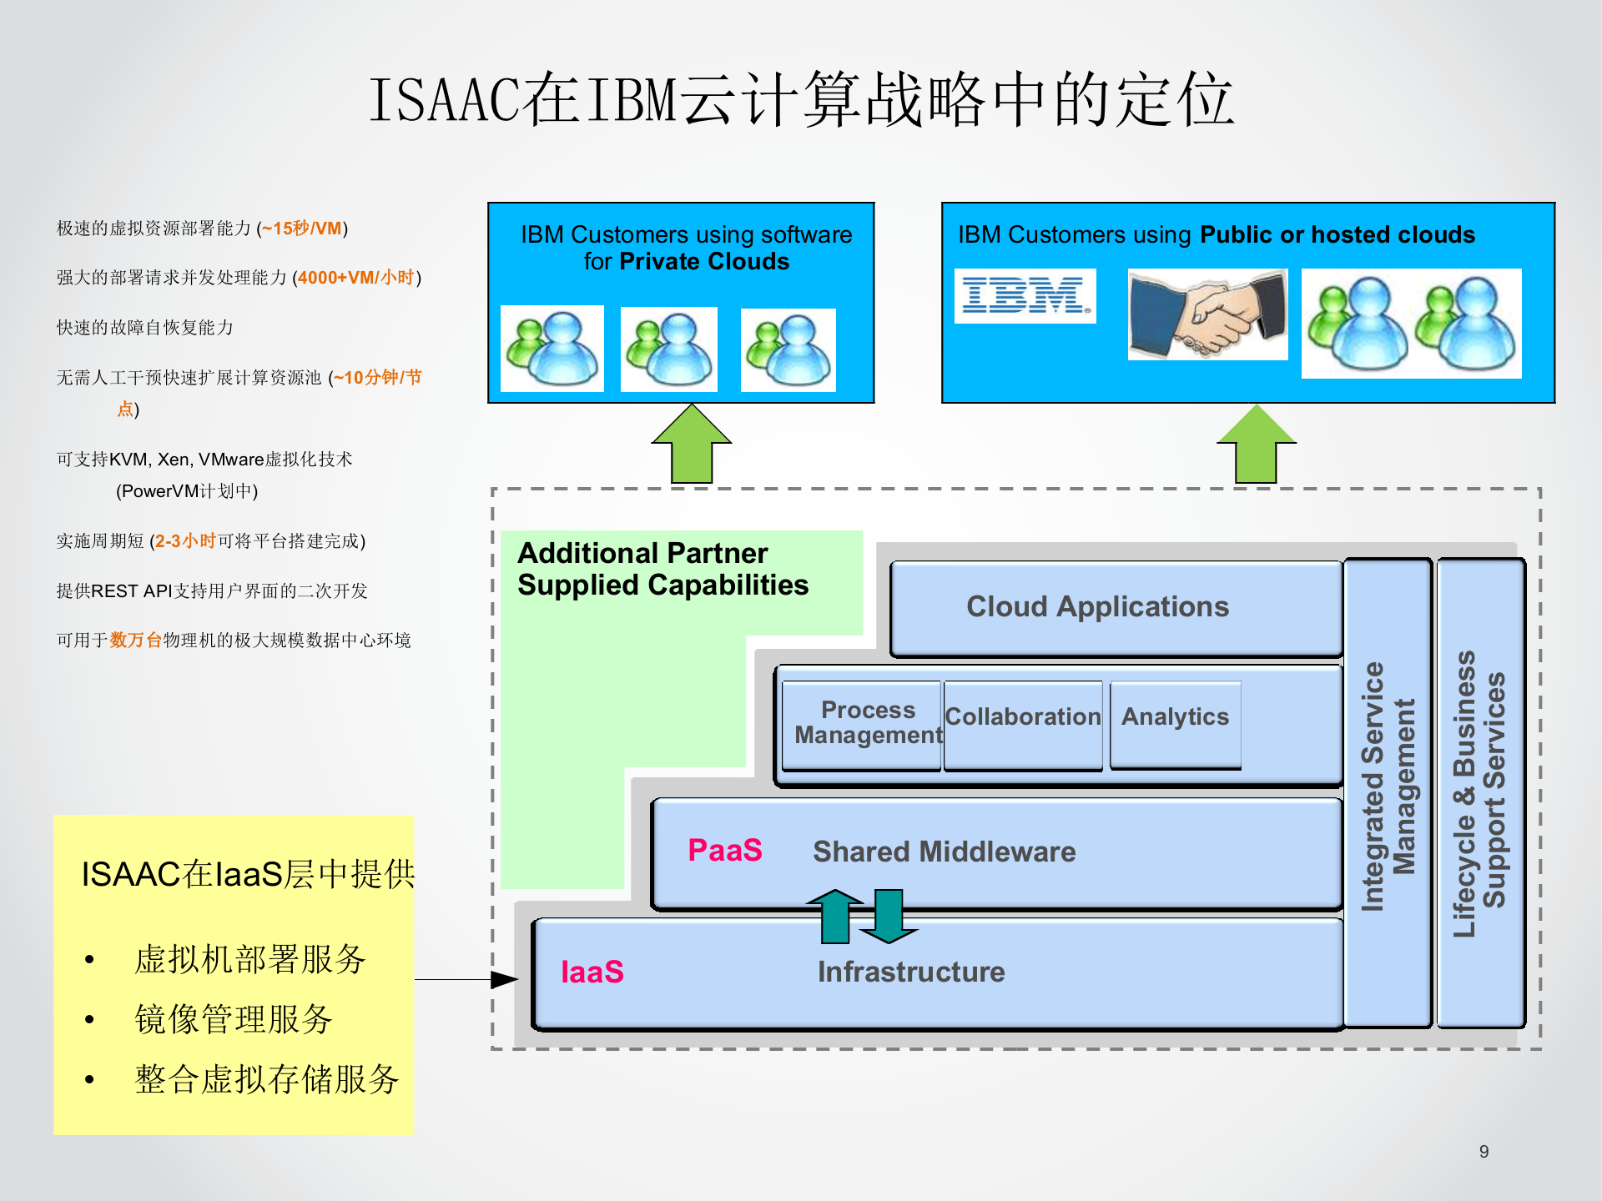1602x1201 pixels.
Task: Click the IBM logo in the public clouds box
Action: (1025, 296)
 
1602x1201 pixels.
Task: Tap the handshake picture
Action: (1207, 314)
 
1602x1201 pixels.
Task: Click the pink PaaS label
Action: (724, 851)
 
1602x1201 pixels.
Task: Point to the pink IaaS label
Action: (592, 972)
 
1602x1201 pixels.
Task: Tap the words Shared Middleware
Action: (944, 852)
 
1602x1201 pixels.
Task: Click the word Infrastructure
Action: (910, 972)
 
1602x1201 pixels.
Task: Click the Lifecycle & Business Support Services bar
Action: (1480, 792)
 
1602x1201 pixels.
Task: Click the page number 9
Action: (1484, 1152)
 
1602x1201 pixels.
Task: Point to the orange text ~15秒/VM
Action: (302, 229)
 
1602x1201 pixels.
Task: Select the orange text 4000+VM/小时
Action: (356, 278)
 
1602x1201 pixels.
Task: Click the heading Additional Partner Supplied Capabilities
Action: (662, 569)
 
